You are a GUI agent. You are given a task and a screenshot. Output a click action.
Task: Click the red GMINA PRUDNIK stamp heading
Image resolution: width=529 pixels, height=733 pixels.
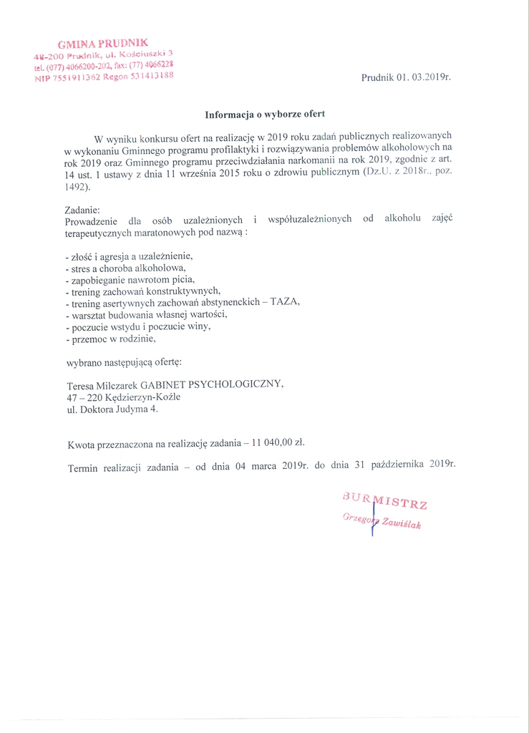[103, 44]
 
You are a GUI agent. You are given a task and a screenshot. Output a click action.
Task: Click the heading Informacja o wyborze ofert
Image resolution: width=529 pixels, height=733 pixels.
[265, 114]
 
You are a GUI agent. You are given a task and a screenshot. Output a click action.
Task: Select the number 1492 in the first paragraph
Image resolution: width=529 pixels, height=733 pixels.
[75, 187]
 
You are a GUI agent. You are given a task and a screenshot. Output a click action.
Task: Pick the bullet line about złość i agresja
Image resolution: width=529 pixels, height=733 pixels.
[129, 256]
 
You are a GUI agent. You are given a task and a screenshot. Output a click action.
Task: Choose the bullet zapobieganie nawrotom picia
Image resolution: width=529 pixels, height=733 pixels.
[129, 279]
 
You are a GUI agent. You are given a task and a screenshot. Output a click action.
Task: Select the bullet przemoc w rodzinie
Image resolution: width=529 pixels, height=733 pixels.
[110, 339]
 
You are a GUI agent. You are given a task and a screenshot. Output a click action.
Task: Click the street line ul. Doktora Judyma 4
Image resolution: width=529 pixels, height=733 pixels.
[112, 409]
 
